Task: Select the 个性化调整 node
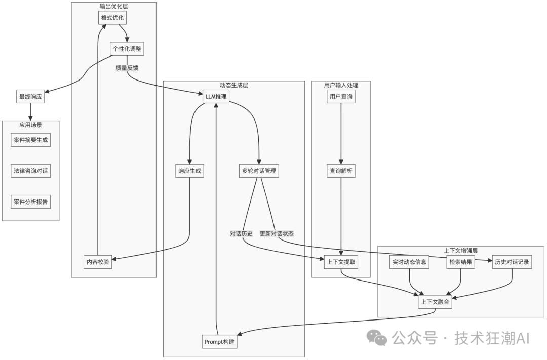point(126,49)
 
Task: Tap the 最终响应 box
point(31,97)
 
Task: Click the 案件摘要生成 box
point(31,140)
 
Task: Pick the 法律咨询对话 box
point(31,171)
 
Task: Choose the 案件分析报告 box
point(31,202)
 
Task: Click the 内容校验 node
point(97,261)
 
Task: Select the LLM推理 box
point(216,97)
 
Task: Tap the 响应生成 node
point(189,171)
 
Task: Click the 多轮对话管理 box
point(259,171)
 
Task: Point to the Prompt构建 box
point(220,342)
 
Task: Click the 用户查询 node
point(341,97)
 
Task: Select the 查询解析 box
point(341,171)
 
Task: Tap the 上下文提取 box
point(341,261)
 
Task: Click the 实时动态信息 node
point(409,262)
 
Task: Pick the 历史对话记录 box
point(512,262)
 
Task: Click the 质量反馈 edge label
point(127,67)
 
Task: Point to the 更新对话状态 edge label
point(277,234)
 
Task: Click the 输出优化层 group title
point(113,6)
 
